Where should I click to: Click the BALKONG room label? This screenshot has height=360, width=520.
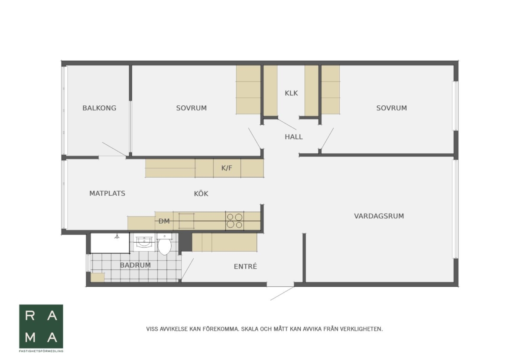pos(99,108)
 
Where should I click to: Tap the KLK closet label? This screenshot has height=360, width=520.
pos(291,93)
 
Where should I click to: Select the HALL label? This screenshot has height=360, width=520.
pos(294,137)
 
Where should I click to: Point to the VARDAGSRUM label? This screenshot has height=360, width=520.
pos(379,216)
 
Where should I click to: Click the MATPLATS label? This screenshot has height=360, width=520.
pos(107,193)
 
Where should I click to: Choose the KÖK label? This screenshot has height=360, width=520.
pos(201,193)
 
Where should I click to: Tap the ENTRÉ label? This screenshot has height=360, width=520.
pos(245,266)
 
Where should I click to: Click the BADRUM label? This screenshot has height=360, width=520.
pos(135,265)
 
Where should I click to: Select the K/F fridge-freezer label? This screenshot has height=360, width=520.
pos(227,168)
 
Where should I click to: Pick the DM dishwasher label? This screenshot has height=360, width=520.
pos(164,221)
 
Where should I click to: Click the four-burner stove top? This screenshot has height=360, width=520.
pos(234,221)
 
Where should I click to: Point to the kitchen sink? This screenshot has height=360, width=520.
pos(186,221)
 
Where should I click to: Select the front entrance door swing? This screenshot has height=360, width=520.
pos(282,293)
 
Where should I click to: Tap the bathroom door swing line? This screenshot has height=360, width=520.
pos(187,269)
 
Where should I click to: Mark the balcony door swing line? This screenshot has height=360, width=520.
pos(114,149)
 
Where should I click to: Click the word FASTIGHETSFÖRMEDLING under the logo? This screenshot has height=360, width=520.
pos(41,351)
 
